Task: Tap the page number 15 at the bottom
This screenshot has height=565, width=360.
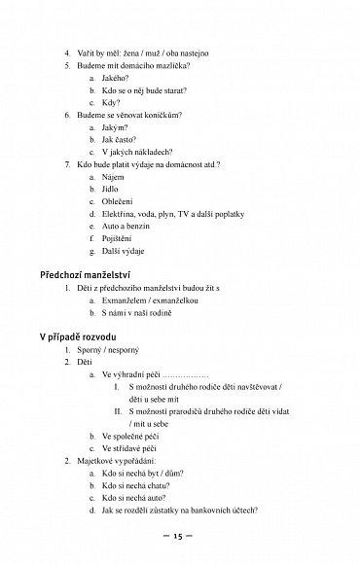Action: (x=179, y=535)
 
